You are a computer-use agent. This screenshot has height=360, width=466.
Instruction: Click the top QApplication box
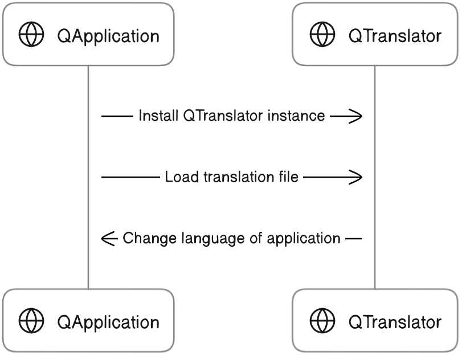[x=88, y=35]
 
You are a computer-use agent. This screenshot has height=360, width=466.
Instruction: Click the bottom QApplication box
[x=88, y=320]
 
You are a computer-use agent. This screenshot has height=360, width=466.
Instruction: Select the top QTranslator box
[x=375, y=35]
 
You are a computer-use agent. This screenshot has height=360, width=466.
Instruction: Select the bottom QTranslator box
[x=375, y=320]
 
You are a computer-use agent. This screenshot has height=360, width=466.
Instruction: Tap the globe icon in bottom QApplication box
[x=31, y=321]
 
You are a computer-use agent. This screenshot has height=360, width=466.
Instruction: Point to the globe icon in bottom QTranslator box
[x=322, y=321]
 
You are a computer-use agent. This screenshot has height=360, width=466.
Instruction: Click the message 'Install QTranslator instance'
[x=232, y=116]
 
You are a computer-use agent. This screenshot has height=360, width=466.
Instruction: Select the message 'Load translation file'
[x=232, y=177]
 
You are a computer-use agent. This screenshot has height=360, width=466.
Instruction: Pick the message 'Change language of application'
[x=232, y=238]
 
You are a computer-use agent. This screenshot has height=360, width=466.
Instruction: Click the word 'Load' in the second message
[x=177, y=177]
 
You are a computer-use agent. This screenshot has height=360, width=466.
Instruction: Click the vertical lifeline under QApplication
[x=88, y=177]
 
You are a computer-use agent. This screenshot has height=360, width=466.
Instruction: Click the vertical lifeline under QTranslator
[x=375, y=177]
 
